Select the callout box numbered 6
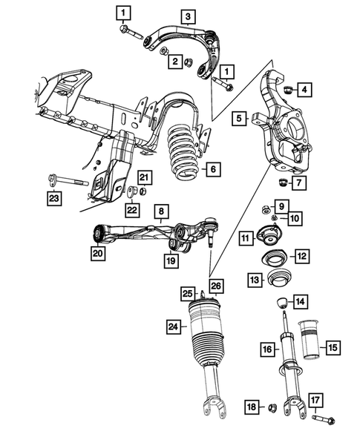212,170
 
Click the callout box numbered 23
53,197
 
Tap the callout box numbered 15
332,346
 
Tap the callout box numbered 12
301,256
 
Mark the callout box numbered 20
96,254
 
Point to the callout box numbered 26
216,286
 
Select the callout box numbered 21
144,176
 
